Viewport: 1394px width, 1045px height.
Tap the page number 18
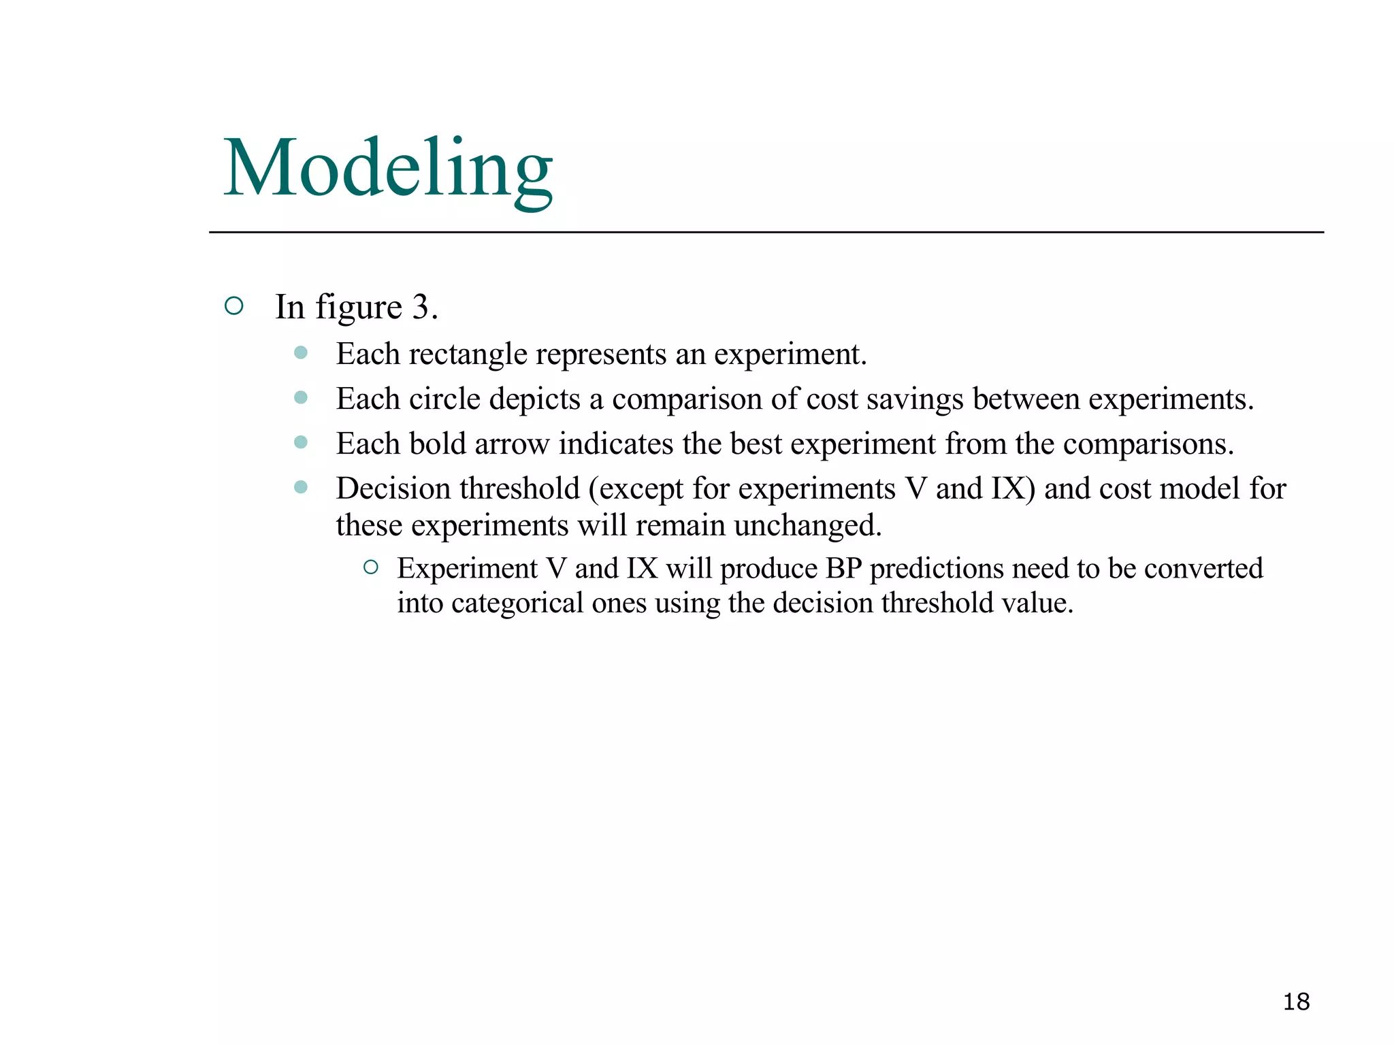[x=1296, y=1001]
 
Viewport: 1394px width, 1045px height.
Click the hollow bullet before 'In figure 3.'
[x=233, y=306]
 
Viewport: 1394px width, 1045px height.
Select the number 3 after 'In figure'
[x=421, y=307]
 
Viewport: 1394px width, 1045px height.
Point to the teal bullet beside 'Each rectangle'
[x=301, y=352]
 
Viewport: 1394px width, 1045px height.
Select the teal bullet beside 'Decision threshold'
[x=301, y=487]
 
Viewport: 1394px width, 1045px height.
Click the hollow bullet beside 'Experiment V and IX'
[x=371, y=567]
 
